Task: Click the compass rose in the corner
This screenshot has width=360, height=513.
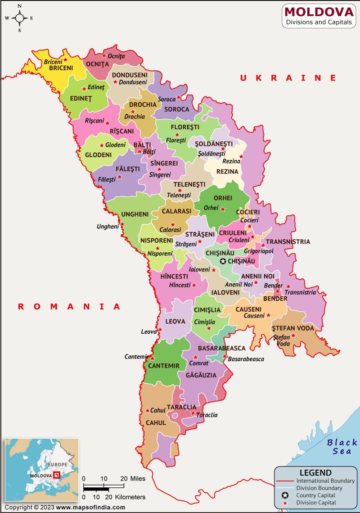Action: [x=20, y=18]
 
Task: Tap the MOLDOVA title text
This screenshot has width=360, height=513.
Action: [x=319, y=11]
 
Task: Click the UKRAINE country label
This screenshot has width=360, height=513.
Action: [x=288, y=78]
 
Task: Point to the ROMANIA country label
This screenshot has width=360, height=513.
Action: [x=69, y=306]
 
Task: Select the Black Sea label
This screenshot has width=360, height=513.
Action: [x=342, y=446]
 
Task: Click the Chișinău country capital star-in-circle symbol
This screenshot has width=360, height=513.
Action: [x=223, y=261]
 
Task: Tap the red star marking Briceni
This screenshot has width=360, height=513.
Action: [x=66, y=59]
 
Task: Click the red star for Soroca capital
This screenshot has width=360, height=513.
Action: [x=179, y=97]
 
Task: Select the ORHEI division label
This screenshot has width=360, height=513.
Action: [x=223, y=198]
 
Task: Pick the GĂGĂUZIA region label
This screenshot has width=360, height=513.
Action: [x=197, y=375]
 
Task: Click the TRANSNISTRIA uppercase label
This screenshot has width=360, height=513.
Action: [x=288, y=241]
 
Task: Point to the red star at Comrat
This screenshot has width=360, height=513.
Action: [x=195, y=357]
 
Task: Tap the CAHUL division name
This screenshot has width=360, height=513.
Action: [x=156, y=423]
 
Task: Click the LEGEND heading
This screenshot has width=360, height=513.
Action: [x=315, y=473]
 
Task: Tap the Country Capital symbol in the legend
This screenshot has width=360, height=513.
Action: [x=285, y=495]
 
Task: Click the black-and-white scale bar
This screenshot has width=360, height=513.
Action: [x=104, y=487]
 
